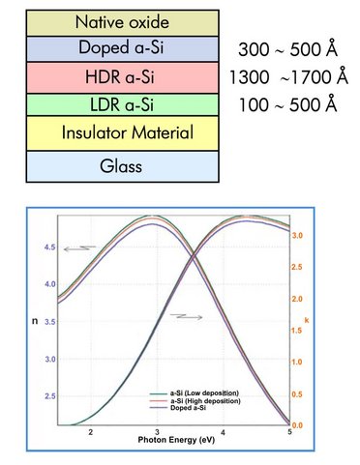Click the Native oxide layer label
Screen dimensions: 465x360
pos(115,19)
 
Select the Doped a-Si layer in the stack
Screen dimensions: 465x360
pos(115,47)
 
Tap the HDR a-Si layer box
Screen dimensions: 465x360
pos(115,74)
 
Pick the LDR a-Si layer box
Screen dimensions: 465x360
pos(115,102)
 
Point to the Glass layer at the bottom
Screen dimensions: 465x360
pos(115,165)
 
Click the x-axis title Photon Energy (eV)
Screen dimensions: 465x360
pos(189,442)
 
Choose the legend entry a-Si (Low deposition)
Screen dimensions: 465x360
pos(196,393)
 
